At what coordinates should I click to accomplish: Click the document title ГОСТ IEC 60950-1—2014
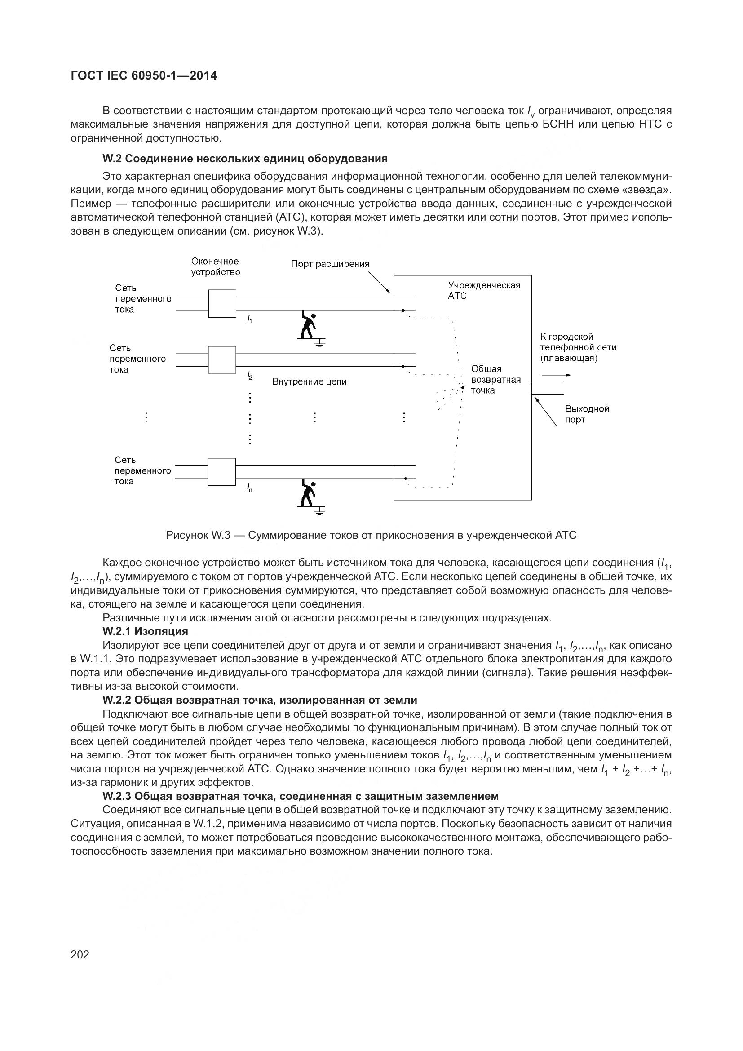click(x=144, y=76)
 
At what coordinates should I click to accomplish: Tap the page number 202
click(x=80, y=954)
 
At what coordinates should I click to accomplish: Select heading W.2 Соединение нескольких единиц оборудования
click(x=245, y=158)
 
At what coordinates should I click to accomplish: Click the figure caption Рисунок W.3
click(x=371, y=535)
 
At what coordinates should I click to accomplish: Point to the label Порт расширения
click(x=330, y=264)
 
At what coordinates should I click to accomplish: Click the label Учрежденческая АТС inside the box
click(x=484, y=290)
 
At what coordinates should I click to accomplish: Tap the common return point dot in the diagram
click(x=463, y=388)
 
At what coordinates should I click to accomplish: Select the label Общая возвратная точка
click(x=495, y=380)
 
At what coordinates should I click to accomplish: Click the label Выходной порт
click(x=587, y=414)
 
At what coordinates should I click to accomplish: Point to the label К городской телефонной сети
click(x=578, y=347)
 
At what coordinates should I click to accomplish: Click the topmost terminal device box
click(x=222, y=303)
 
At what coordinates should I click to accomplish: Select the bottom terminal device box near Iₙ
click(x=222, y=471)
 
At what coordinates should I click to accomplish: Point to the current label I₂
click(x=250, y=376)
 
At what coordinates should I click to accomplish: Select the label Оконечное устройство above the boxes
click(x=216, y=266)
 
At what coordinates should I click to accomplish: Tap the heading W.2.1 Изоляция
click(x=145, y=631)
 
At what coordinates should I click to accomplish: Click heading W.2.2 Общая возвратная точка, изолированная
click(x=259, y=700)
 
